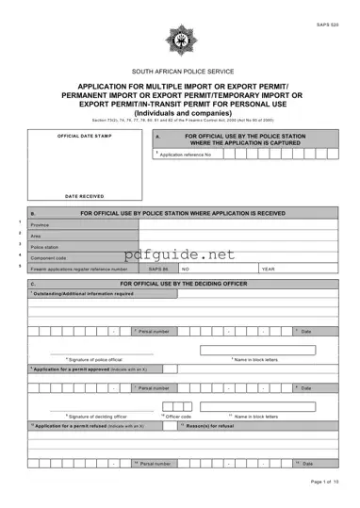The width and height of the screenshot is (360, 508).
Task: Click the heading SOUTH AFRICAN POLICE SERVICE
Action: pos(179,72)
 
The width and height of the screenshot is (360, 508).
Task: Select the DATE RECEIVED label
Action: pos(84,196)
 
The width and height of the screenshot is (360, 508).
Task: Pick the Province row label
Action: pos(41,225)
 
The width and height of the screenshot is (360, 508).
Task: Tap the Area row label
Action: pos(37,236)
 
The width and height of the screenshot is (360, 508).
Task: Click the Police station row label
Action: pos(45,247)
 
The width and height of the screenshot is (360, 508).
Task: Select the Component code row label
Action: pos(49,257)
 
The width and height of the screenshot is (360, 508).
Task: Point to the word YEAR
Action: pos(268,269)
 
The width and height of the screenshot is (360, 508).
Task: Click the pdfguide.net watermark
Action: pos(179,254)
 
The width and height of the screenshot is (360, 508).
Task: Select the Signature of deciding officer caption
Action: pos(95,416)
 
